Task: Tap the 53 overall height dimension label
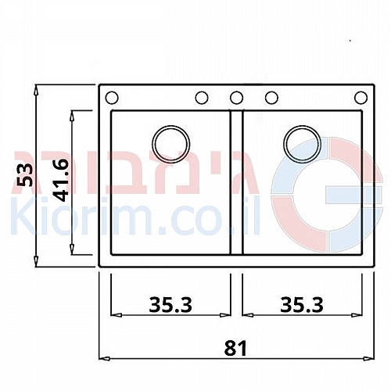pos(25,175)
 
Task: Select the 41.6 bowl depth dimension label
pos(60,181)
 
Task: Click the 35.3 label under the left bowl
pos(170,305)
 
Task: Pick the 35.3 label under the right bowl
pos(302,305)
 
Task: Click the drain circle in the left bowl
pos(170,145)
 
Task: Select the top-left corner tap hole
pos(112,98)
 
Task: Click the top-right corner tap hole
pos(361,98)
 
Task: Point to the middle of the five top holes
pos(236,98)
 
